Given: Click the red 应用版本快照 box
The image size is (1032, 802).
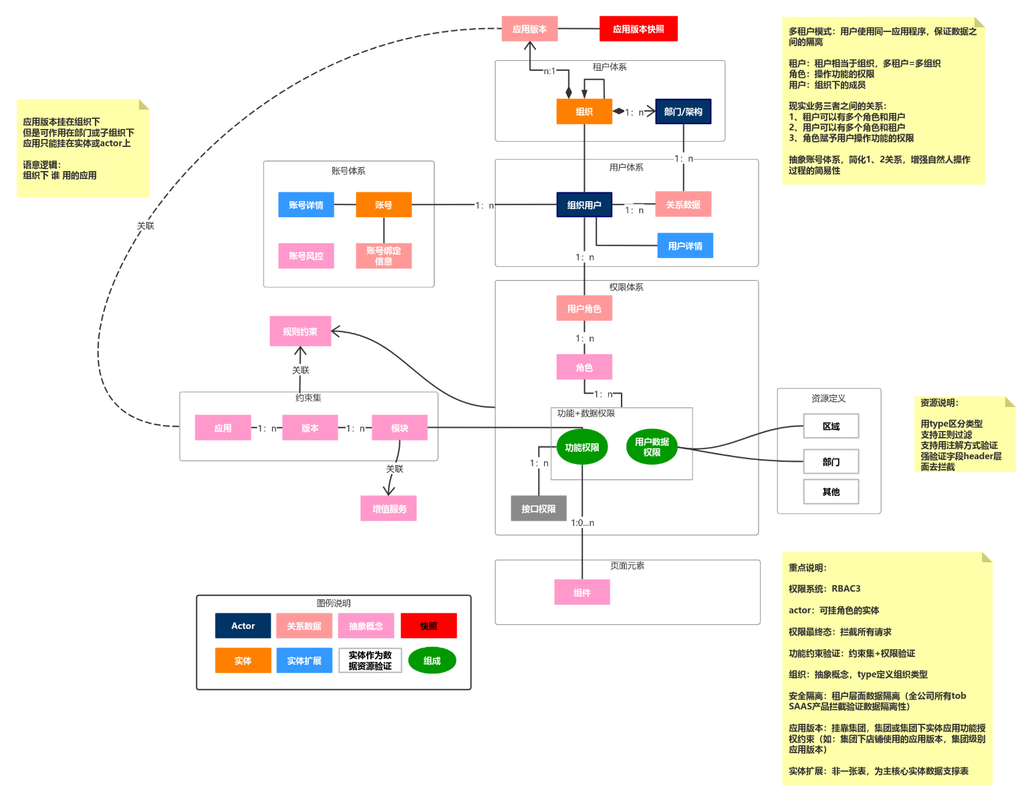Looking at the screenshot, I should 638,29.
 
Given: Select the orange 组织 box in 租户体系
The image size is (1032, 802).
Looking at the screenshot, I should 584,112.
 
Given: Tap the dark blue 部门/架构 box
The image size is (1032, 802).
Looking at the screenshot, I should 683,112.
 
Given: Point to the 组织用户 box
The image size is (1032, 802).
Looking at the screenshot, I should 584,205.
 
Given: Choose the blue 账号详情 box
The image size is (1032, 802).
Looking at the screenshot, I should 306,205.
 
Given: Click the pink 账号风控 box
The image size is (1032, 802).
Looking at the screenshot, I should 306,255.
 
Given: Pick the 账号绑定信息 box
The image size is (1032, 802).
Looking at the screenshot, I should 384,255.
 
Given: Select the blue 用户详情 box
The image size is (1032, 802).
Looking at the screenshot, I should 685,245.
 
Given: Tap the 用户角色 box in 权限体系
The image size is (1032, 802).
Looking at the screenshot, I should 584,308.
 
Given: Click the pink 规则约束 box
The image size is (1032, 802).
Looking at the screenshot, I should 300,331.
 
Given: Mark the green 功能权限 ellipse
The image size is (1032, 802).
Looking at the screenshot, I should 582,447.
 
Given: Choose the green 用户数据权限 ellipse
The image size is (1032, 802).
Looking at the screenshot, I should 652,447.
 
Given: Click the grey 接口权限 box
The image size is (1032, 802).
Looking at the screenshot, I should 539,509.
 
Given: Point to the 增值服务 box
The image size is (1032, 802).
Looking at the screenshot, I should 389,509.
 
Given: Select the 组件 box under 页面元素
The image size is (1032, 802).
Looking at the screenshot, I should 582,592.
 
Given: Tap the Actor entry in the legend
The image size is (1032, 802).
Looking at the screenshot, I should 243,626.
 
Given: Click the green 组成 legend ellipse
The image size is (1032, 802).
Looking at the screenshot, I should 432,660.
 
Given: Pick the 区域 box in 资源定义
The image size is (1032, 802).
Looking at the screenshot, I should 831,426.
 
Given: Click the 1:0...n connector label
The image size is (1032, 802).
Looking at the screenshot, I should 582,523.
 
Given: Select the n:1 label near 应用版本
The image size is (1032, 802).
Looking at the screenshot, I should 549,71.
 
